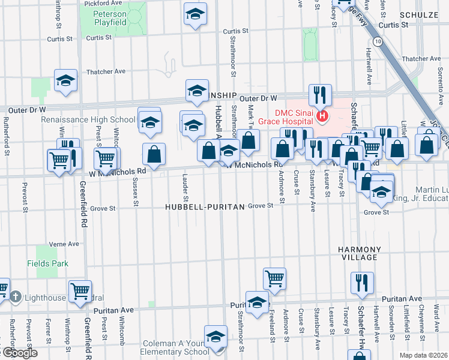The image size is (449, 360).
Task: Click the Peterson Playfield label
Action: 110,18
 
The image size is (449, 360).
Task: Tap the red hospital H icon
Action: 324,116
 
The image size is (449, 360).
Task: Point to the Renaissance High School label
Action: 88,119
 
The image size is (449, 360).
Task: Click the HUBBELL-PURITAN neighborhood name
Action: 205,207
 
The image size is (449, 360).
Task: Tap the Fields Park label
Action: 47,263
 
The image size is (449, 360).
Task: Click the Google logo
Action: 19,353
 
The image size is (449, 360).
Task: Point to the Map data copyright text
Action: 423,355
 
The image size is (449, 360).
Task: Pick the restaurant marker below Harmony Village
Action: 362,283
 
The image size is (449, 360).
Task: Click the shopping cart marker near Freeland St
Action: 274,278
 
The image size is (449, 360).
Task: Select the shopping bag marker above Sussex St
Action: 154,153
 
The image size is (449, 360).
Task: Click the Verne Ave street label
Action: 64,244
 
